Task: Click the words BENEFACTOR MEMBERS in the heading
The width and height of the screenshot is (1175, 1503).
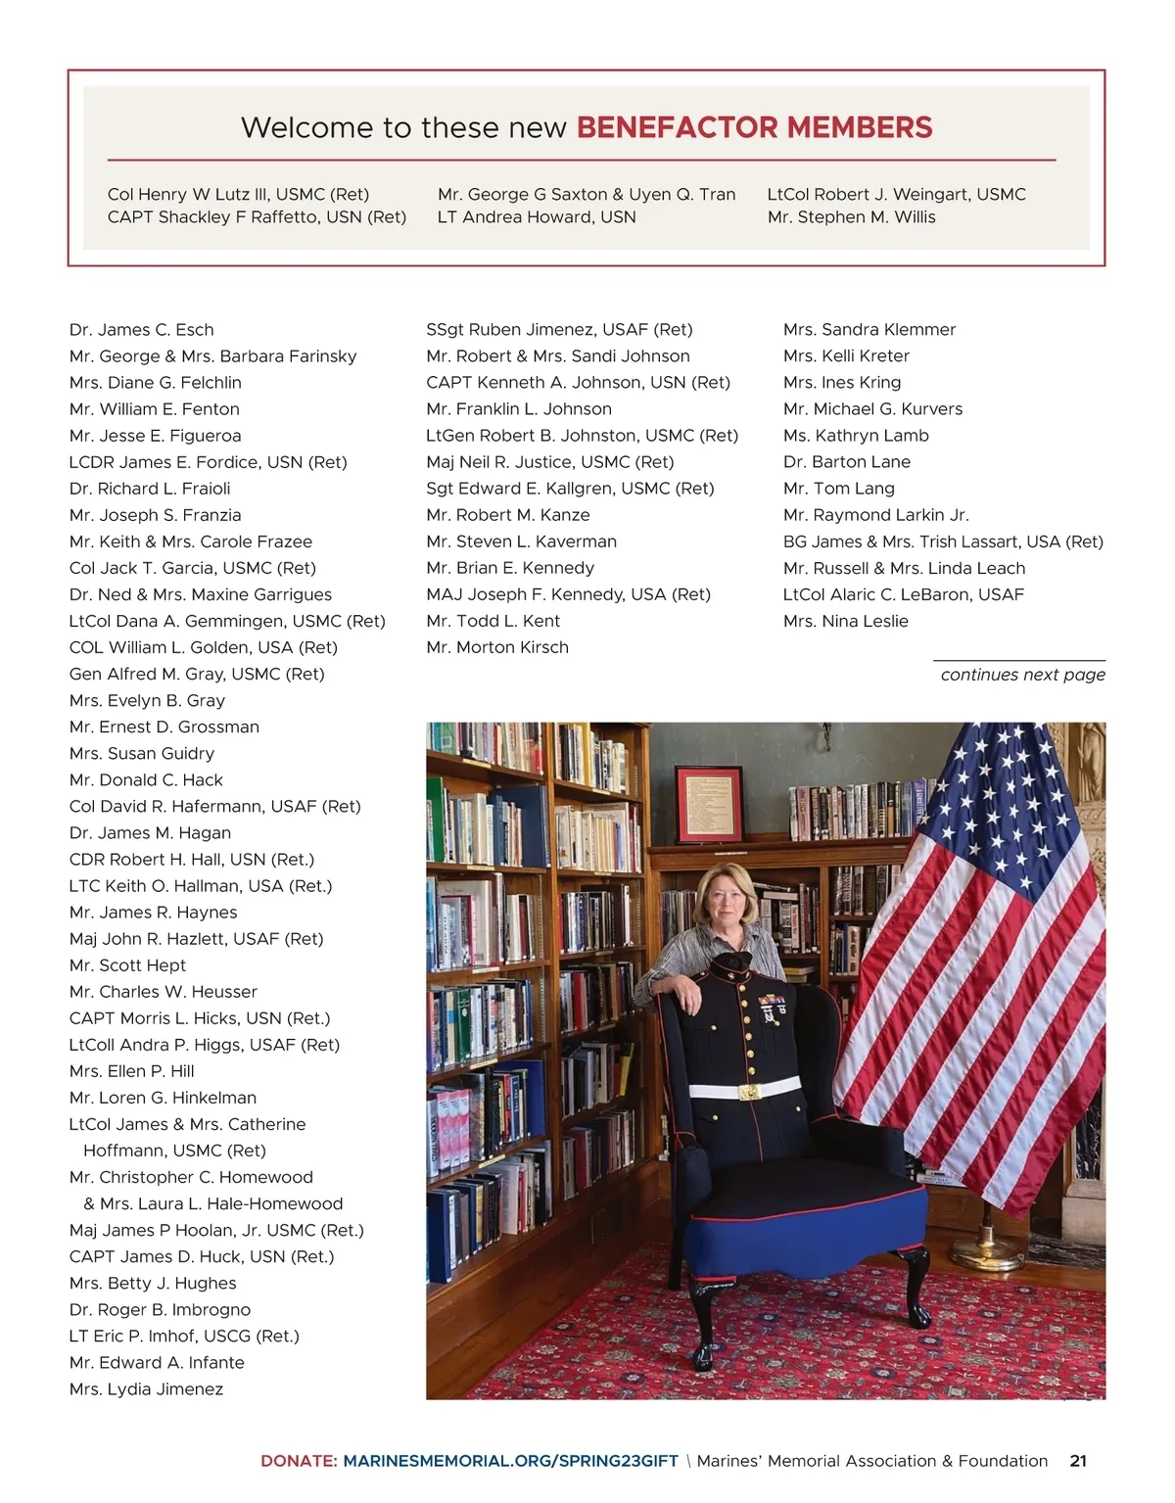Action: click(754, 127)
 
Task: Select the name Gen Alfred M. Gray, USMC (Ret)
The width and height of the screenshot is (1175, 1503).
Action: click(197, 674)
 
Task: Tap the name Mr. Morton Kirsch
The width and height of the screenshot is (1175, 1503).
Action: click(497, 647)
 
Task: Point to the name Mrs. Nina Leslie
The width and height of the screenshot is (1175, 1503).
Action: click(846, 621)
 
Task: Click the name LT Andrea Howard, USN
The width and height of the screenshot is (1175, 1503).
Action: click(537, 217)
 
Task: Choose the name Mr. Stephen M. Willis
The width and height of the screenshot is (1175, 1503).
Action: click(852, 217)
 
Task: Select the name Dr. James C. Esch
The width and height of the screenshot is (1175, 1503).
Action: click(141, 330)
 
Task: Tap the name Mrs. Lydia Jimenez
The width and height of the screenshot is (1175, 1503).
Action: click(146, 1389)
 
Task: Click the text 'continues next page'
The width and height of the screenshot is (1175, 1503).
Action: click(1022, 675)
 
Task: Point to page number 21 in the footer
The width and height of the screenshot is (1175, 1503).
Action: click(1078, 1461)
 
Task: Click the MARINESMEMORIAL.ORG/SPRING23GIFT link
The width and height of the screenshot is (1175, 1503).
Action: click(510, 1461)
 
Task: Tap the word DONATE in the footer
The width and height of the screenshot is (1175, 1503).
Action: click(298, 1461)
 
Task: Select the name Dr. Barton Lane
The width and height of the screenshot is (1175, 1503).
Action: click(847, 462)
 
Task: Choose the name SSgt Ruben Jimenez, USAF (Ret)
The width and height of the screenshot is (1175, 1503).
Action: click(559, 330)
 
